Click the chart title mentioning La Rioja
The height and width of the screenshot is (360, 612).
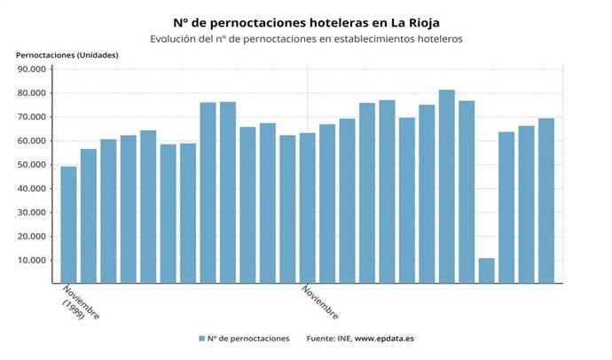[306, 21]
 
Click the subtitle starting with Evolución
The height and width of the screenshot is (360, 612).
[306, 39]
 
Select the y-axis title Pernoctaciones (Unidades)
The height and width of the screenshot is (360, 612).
[67, 55]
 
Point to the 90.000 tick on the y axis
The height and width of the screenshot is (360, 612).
[32, 69]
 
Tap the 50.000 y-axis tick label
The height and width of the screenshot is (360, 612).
[32, 165]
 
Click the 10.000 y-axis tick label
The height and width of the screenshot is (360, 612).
[32, 261]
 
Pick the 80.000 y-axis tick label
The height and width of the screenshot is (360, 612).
[32, 93]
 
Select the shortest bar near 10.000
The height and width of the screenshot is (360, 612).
[486, 270]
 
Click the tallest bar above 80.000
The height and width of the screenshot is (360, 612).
[446, 186]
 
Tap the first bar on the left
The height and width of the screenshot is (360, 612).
[68, 225]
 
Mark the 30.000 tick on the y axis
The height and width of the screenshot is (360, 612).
[32, 213]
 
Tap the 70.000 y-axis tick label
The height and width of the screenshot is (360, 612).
[32, 117]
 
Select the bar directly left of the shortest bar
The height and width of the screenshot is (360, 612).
[467, 192]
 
